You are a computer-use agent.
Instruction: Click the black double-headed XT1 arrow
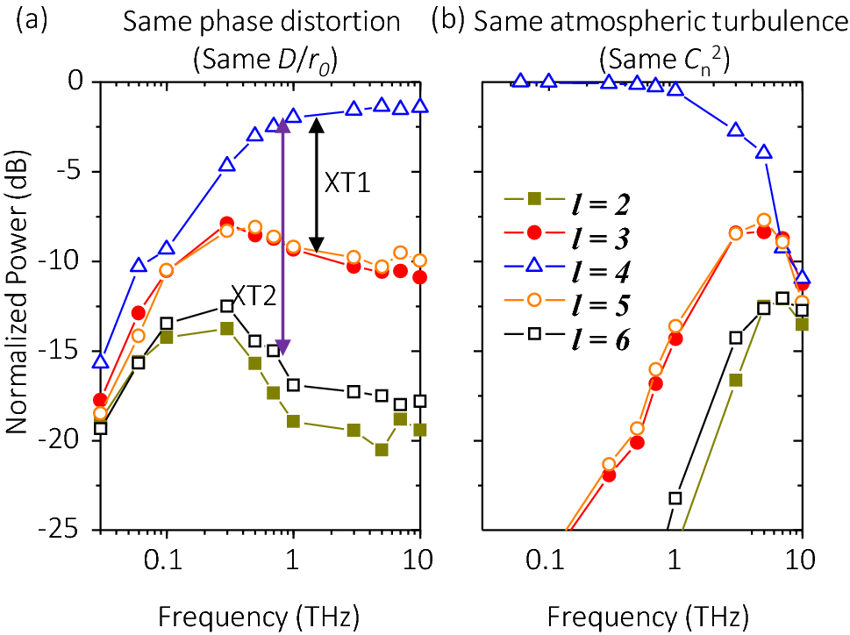point(318,183)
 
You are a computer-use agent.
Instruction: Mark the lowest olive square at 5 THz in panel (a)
point(382,450)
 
